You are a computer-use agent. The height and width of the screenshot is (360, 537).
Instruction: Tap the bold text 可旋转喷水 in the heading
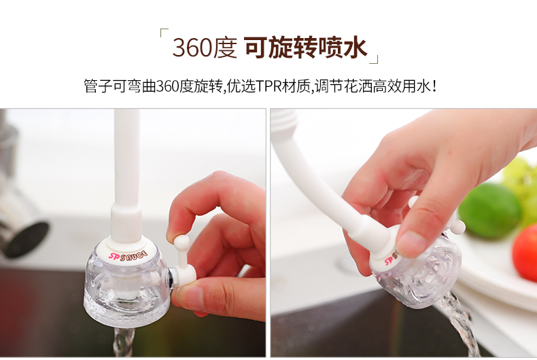(306, 48)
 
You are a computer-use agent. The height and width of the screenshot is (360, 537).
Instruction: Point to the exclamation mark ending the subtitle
(434, 86)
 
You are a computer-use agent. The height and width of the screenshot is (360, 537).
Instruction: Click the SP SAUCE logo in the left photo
(128, 255)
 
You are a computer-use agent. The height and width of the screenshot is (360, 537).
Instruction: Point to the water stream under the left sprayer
(124, 342)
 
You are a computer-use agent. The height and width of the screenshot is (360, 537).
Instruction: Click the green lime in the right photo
(489, 211)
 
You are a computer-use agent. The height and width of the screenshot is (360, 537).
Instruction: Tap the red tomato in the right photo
(525, 253)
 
